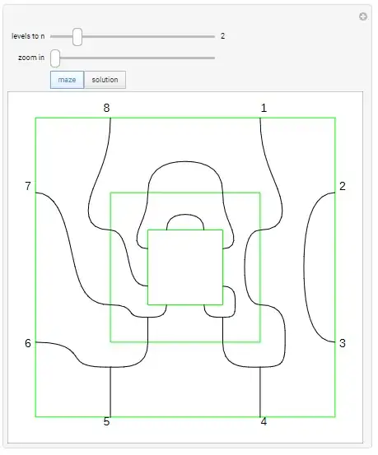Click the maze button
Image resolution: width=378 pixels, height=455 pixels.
click(67, 80)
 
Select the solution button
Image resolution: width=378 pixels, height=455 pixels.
click(105, 80)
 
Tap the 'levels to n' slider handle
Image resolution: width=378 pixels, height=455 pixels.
click(77, 37)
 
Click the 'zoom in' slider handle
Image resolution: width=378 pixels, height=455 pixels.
click(55, 58)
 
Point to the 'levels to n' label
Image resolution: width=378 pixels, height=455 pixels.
click(28, 36)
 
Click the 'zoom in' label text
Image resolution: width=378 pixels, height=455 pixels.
click(31, 58)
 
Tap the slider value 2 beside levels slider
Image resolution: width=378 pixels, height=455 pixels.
click(222, 36)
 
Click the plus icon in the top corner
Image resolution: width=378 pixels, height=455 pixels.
click(363, 16)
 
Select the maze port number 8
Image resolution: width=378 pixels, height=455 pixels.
click(106, 108)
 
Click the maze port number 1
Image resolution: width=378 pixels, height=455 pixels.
click(264, 108)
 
